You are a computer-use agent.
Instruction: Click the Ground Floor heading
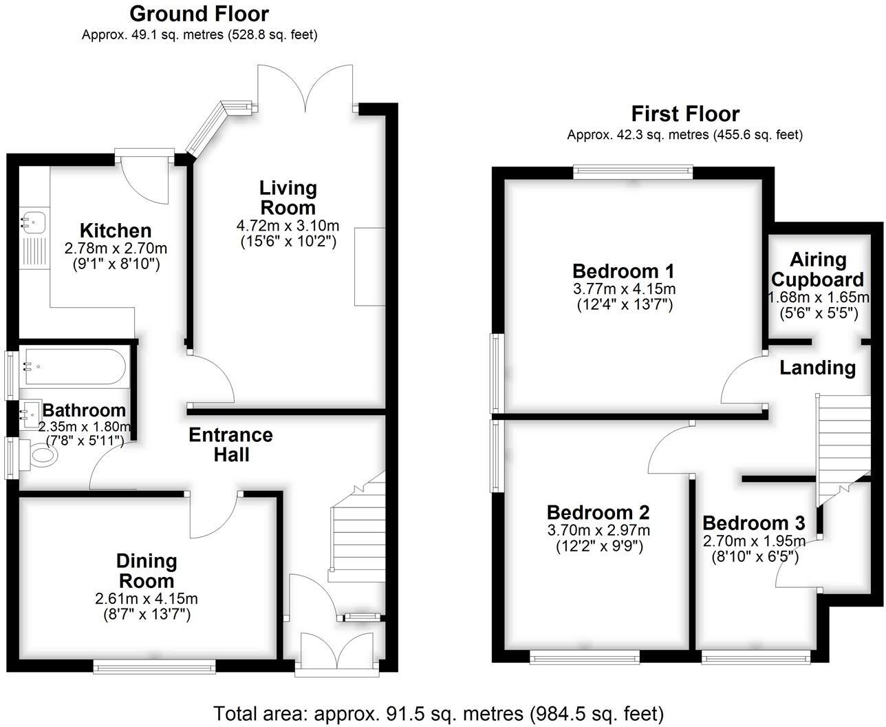pos(199,14)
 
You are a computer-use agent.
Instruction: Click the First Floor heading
pos(685,114)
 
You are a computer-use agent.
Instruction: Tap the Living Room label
pos(288,197)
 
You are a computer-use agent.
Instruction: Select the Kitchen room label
pos(116,231)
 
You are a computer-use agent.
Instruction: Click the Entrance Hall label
pos(230,445)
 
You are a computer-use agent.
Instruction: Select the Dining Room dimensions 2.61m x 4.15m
pos(147,599)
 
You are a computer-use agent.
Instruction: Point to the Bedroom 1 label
pos(623,270)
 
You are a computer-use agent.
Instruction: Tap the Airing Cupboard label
pos(817,269)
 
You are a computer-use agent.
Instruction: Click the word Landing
pos(817,368)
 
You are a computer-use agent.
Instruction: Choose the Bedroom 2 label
pos(598,512)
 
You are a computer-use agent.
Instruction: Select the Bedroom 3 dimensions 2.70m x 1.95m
pos(755,541)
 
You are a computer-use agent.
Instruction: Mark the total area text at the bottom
pos(438,713)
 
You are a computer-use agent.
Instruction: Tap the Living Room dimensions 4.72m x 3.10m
pos(288,225)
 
